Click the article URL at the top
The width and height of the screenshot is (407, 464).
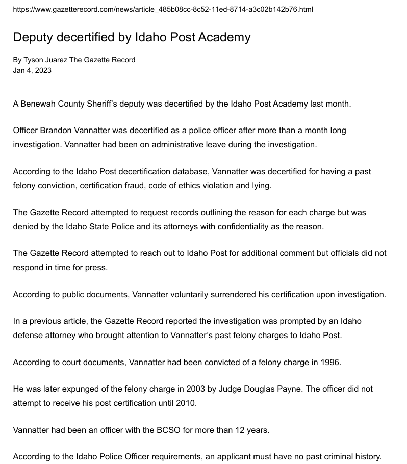coord(163,9)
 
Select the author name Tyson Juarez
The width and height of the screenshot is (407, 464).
coord(45,60)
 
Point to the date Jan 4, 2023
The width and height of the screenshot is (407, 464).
coord(32,70)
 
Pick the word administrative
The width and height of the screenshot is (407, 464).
coord(126,144)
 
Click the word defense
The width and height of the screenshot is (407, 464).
coord(28,335)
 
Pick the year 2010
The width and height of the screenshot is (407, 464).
coord(186,403)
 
